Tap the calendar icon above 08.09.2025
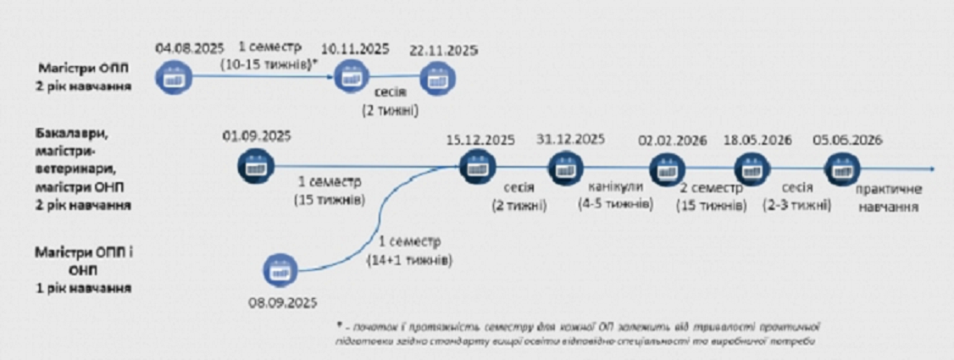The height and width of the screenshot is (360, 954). (277, 269)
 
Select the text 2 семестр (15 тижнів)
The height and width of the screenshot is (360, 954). (713, 197)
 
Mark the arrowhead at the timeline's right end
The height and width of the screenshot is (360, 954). (930, 167)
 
